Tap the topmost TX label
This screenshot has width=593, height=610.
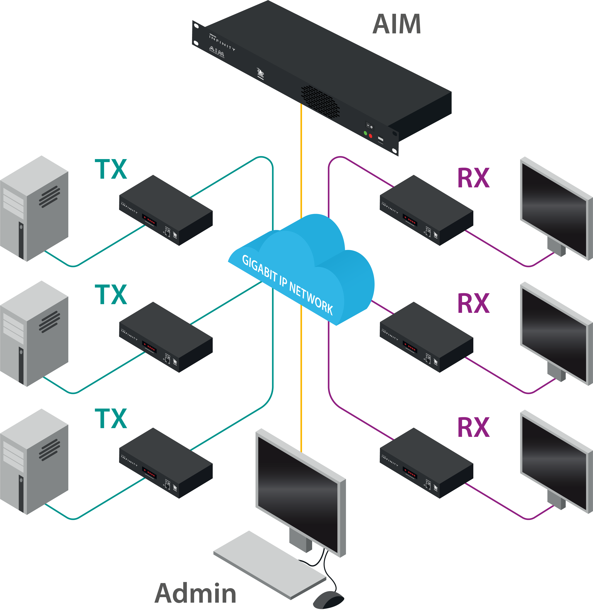(111, 169)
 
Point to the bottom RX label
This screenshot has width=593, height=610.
(473, 428)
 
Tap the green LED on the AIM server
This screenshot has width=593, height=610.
(365, 133)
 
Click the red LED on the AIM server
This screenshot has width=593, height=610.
(370, 136)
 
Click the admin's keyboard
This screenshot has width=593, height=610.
(269, 564)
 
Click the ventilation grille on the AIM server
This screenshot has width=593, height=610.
(320, 101)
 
